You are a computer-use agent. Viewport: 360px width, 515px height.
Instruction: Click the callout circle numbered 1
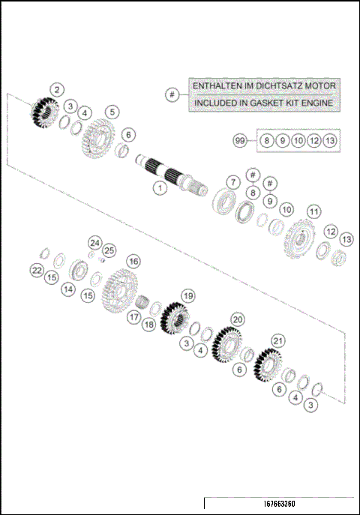[159, 187]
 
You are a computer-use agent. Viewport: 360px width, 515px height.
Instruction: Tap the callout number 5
[112, 112]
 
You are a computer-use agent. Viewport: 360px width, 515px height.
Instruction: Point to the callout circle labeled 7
[233, 182]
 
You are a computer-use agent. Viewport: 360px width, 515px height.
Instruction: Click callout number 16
[133, 261]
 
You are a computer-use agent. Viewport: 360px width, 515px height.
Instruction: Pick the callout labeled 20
[237, 319]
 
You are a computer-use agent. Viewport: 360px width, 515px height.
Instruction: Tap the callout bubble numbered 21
[277, 341]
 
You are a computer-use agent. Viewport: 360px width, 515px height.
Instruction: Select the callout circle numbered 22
[37, 270]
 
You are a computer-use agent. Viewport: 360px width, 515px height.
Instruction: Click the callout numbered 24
[94, 242]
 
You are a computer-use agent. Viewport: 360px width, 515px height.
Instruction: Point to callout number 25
[109, 250]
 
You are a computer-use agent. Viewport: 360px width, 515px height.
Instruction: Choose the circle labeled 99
[240, 140]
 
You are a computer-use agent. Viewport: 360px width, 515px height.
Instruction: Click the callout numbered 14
[68, 289]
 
